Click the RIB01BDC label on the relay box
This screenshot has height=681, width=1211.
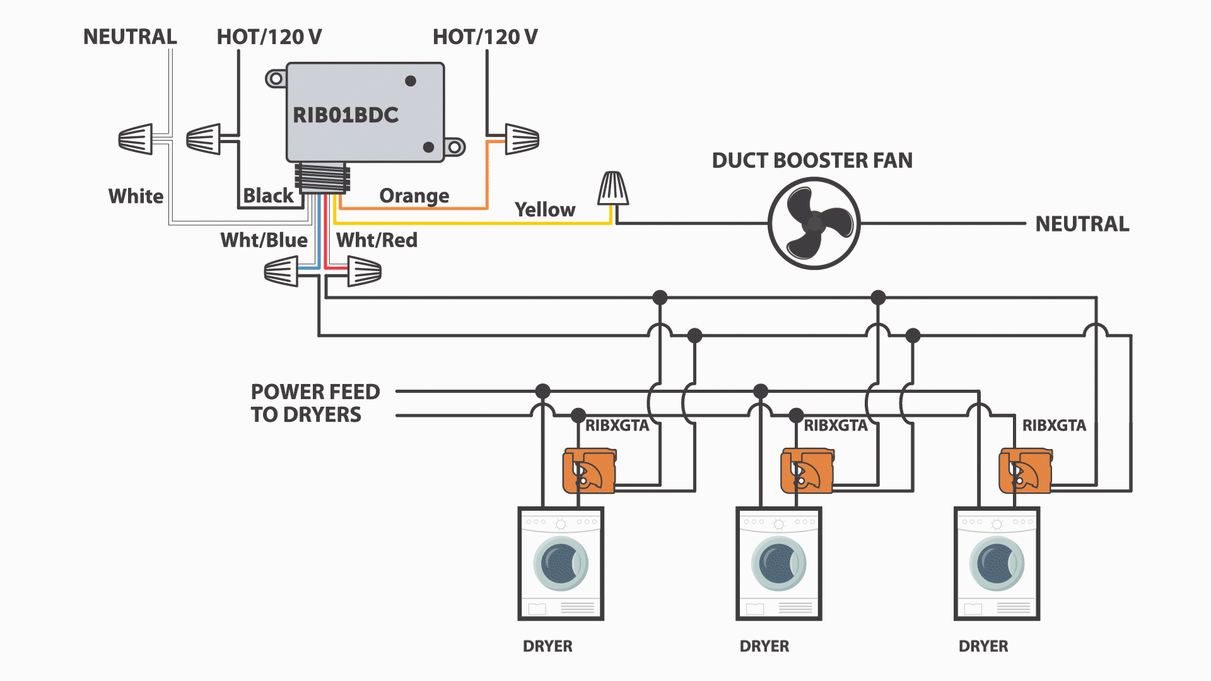click(346, 115)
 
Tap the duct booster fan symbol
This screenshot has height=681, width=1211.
click(814, 223)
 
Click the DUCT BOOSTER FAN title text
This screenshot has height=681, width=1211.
click(812, 160)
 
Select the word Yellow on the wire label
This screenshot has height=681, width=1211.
click(545, 209)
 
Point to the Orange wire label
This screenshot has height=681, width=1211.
click(414, 195)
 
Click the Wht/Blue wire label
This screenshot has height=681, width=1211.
click(264, 240)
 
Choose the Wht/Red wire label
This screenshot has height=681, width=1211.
click(377, 240)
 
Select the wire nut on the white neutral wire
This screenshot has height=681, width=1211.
click(136, 139)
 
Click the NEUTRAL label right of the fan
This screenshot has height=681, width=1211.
click(1082, 224)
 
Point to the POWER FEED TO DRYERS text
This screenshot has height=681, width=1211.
click(315, 403)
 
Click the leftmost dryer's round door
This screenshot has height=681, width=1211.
click(561, 563)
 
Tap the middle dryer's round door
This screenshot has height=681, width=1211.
click(778, 563)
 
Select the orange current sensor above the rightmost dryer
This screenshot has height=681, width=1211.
click(1026, 470)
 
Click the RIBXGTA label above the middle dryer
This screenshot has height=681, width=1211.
click(835, 426)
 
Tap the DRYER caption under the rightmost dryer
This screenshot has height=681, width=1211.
click(983, 646)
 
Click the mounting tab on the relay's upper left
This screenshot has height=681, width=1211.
click(276, 79)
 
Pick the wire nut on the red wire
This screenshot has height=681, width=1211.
click(364, 272)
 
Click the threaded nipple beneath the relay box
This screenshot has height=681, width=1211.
click(322, 178)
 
